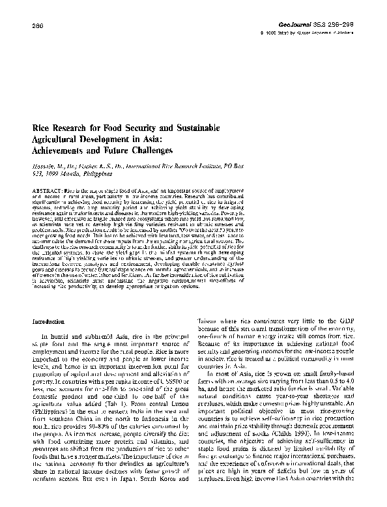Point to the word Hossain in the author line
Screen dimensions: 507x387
(44, 166)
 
